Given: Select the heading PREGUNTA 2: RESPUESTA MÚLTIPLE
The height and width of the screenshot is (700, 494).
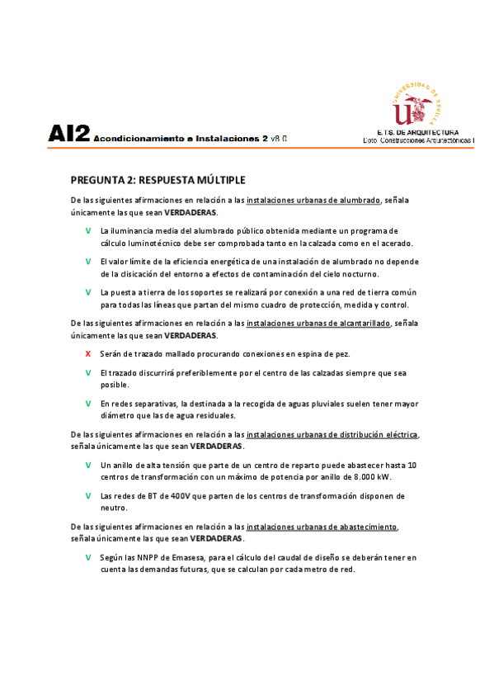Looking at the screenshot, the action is (x=158, y=180).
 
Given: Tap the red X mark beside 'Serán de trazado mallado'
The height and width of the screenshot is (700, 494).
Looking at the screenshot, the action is (x=88, y=353).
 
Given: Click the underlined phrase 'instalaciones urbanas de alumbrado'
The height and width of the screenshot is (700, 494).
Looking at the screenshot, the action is (x=313, y=201).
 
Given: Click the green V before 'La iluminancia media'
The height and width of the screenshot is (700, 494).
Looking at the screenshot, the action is (x=88, y=231).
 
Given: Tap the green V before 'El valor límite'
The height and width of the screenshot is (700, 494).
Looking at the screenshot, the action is (x=88, y=262).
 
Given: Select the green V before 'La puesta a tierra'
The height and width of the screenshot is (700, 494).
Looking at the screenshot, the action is (x=88, y=292).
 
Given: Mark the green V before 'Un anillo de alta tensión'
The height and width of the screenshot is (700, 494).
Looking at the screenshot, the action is (x=88, y=465).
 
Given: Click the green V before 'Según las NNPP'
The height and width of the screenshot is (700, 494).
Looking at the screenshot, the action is (x=88, y=557).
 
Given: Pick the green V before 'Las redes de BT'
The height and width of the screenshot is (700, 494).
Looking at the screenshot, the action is (x=88, y=496).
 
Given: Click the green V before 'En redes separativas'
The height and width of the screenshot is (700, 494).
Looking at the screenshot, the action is (x=88, y=404).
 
